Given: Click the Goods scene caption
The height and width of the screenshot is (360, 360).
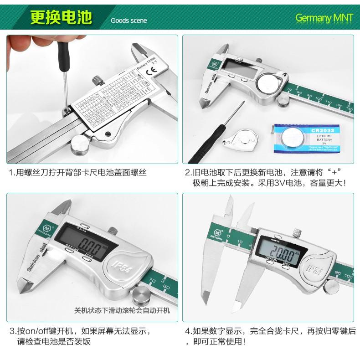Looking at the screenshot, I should tap(126, 21).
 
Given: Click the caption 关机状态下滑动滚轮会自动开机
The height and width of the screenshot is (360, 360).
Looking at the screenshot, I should tap(122, 310).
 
